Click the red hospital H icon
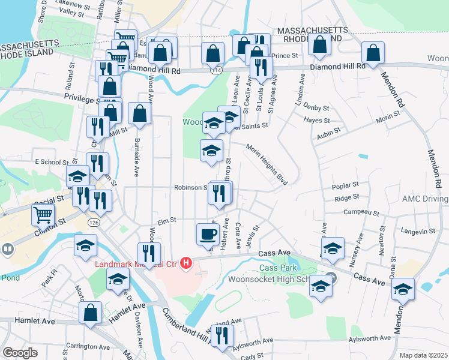click(x=186, y=263)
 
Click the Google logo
click(x=20, y=353)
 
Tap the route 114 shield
click(x=214, y=70)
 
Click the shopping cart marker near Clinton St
click(x=43, y=214)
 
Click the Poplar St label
click(x=345, y=186)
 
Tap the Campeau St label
click(x=361, y=212)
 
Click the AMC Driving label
click(x=425, y=199)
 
